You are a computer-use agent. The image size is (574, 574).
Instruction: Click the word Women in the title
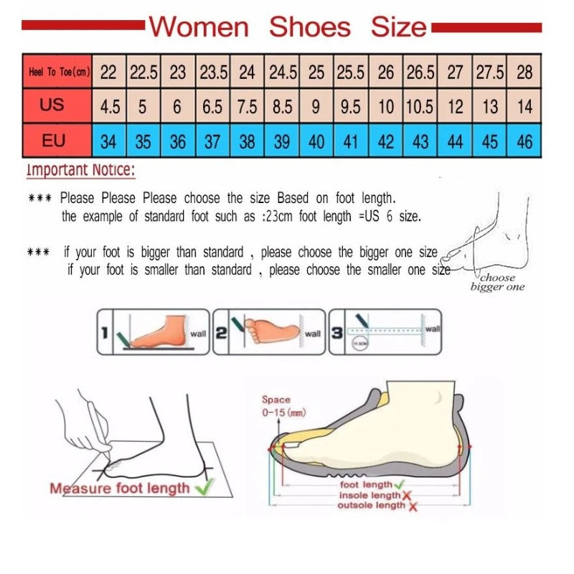[x=199, y=27]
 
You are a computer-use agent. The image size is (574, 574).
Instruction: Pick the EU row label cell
[x=53, y=141]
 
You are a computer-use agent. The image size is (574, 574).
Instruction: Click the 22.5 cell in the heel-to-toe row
[x=143, y=72]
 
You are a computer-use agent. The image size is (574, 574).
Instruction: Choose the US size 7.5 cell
[x=247, y=107]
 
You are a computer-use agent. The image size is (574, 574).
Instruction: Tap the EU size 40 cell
[x=316, y=141]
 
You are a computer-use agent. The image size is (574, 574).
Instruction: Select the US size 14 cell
[x=524, y=107]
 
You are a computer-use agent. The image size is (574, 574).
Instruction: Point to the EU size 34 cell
[x=108, y=141]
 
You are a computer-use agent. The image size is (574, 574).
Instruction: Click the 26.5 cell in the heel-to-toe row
[x=420, y=72]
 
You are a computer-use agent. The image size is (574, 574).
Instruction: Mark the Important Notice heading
[x=80, y=171]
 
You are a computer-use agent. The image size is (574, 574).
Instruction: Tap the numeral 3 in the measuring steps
[x=337, y=332]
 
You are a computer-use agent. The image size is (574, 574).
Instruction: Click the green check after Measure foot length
[x=204, y=488]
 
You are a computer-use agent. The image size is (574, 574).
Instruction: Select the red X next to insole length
[x=406, y=496]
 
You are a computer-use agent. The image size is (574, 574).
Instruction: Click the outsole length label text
[x=371, y=506]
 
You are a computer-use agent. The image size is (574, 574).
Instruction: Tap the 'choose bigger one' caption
[x=497, y=282]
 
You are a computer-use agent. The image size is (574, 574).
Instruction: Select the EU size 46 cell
[x=524, y=141]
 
